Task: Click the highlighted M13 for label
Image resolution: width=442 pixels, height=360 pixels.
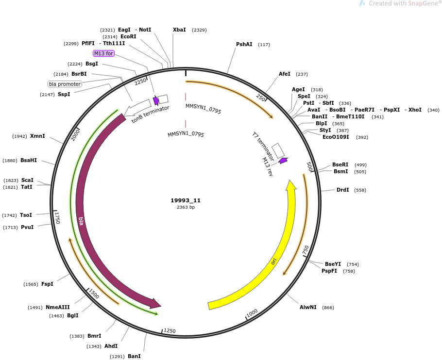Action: coord(103,53)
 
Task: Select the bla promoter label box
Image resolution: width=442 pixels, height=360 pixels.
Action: coord(65,84)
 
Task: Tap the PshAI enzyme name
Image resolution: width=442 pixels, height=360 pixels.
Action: coord(244,44)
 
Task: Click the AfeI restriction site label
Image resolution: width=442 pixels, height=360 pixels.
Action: coord(285,74)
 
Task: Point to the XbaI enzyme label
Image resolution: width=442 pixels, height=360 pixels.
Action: coord(179,30)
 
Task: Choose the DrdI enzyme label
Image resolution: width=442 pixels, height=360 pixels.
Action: coord(343,190)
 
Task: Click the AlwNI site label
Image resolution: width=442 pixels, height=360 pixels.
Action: coord(308,307)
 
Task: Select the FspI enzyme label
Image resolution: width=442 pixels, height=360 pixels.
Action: coord(48,284)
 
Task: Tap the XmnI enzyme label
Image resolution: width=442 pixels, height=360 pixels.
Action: coord(37,136)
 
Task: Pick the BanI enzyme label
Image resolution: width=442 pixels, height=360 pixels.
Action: coord(134,356)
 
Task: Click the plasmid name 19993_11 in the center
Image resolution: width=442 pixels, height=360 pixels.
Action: coord(186,200)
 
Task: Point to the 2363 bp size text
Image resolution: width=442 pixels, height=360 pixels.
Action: coord(186,207)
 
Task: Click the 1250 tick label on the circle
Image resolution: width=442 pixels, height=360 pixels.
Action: coord(170,330)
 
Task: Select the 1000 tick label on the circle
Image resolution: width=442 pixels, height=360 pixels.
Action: coord(252,313)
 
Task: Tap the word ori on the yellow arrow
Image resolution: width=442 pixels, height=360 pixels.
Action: coord(274,262)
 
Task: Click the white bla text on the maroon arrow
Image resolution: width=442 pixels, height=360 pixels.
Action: coord(81,221)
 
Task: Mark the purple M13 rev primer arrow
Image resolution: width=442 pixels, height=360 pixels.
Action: coord(283,161)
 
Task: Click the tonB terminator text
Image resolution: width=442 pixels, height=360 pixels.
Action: coord(150,115)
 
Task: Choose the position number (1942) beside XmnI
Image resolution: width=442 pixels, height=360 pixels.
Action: coord(20,136)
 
